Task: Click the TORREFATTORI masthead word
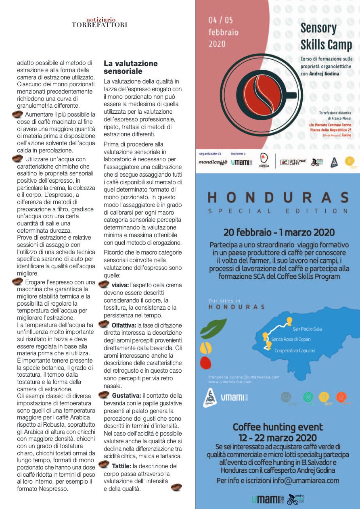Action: [x=99, y=25]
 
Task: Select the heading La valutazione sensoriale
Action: [x=130, y=67]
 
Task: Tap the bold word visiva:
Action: [x=120, y=285]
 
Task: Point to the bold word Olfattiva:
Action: [x=124, y=325]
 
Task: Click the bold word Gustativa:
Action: [x=126, y=396]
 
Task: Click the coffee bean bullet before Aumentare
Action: [x=18, y=115]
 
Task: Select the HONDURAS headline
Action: [x=278, y=198]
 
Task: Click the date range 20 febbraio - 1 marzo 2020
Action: [x=279, y=233]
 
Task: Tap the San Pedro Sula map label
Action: [x=307, y=329]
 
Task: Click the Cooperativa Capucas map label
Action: [x=295, y=350]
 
